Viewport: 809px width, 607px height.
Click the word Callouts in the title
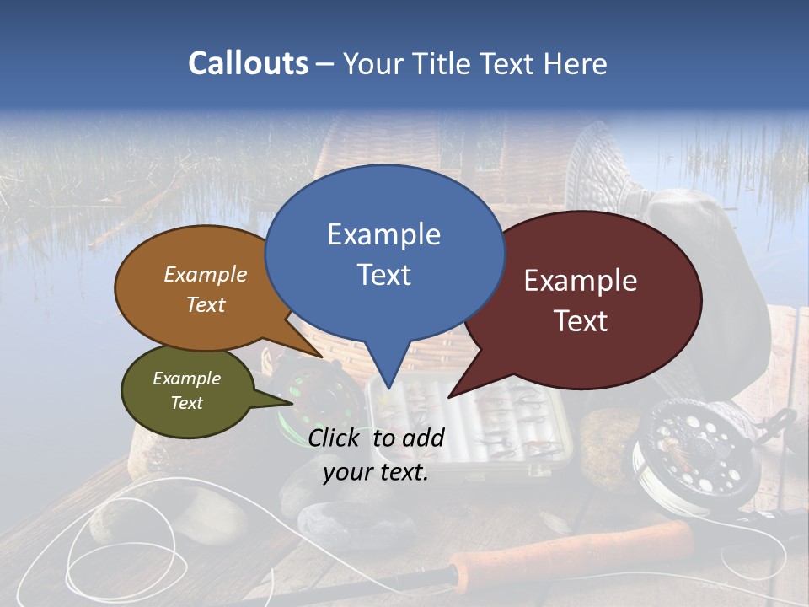pyautogui.click(x=248, y=63)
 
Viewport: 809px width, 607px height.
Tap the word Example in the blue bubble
pyautogui.click(x=383, y=234)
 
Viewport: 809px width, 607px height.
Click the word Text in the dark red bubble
pyautogui.click(x=581, y=321)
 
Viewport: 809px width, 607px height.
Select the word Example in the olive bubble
pyautogui.click(x=186, y=379)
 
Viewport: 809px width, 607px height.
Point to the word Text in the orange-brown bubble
pyautogui.click(x=206, y=304)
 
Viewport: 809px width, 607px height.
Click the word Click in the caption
pyautogui.click(x=336, y=438)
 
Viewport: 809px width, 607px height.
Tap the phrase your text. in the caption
pyautogui.click(x=376, y=472)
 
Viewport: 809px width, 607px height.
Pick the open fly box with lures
pyautogui.click(x=472, y=422)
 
